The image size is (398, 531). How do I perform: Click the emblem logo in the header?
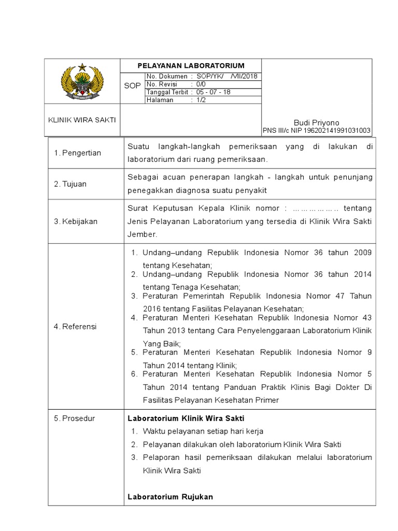82,81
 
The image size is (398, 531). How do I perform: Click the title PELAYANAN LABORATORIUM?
190,65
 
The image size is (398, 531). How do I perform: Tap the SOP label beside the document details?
132,86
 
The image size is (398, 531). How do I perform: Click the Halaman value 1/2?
201,100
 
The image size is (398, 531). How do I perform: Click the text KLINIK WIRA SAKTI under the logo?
82,119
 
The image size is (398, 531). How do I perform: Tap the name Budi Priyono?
316,122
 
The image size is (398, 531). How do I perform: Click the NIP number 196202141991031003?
334,131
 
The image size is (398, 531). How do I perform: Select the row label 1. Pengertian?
78,153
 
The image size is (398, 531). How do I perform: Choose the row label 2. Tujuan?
70,184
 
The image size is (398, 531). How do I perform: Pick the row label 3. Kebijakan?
76,221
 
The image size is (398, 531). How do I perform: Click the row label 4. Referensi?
76,327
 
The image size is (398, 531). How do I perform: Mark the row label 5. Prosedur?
75,418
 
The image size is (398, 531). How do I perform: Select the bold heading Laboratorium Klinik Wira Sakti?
186,418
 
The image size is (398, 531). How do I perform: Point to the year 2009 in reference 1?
363,253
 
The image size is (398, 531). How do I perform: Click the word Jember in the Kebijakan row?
141,234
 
